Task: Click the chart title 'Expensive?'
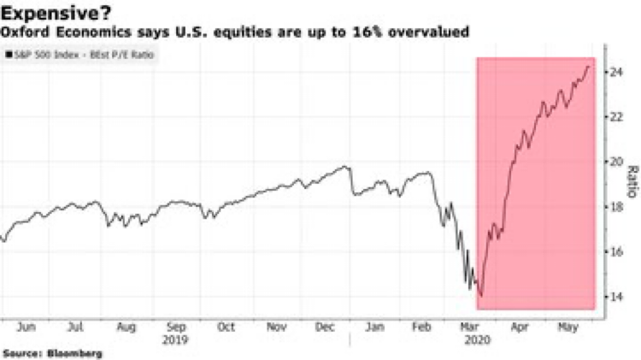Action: pos(61,12)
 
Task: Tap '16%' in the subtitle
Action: pos(384,32)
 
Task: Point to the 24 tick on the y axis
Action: pos(615,73)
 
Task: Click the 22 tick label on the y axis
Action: pos(615,117)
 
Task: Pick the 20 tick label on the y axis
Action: pos(615,162)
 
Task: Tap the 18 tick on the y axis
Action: pos(615,207)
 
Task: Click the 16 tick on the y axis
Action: pos(615,251)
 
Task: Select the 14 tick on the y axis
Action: pos(615,296)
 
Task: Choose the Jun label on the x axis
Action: pos(26,326)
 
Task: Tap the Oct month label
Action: pos(226,326)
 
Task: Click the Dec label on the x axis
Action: pos(326,326)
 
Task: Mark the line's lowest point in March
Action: pos(481,296)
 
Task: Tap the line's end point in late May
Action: pos(588,67)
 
